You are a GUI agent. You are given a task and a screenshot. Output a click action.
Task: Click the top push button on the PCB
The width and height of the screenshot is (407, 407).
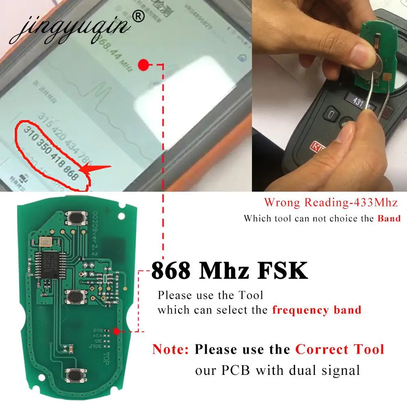(x=76, y=219)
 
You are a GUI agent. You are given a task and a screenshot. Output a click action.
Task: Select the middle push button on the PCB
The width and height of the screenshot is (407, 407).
(x=76, y=298)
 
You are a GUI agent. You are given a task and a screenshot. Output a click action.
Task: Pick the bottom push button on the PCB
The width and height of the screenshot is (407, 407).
(x=76, y=374)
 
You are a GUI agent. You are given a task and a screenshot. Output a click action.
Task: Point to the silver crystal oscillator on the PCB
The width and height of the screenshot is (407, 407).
(x=44, y=243)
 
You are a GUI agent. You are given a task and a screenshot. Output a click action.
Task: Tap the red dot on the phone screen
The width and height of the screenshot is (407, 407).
(x=143, y=64)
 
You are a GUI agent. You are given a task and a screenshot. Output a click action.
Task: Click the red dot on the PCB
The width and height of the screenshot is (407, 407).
(x=117, y=331)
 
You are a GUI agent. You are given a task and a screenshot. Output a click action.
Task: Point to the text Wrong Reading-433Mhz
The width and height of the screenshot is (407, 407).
(x=330, y=202)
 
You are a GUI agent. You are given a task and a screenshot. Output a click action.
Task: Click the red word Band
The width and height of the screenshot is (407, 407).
(x=389, y=218)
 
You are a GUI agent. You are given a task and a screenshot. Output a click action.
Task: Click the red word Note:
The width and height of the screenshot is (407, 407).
(x=171, y=349)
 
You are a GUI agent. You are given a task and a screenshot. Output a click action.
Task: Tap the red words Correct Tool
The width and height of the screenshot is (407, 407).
(x=339, y=349)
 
